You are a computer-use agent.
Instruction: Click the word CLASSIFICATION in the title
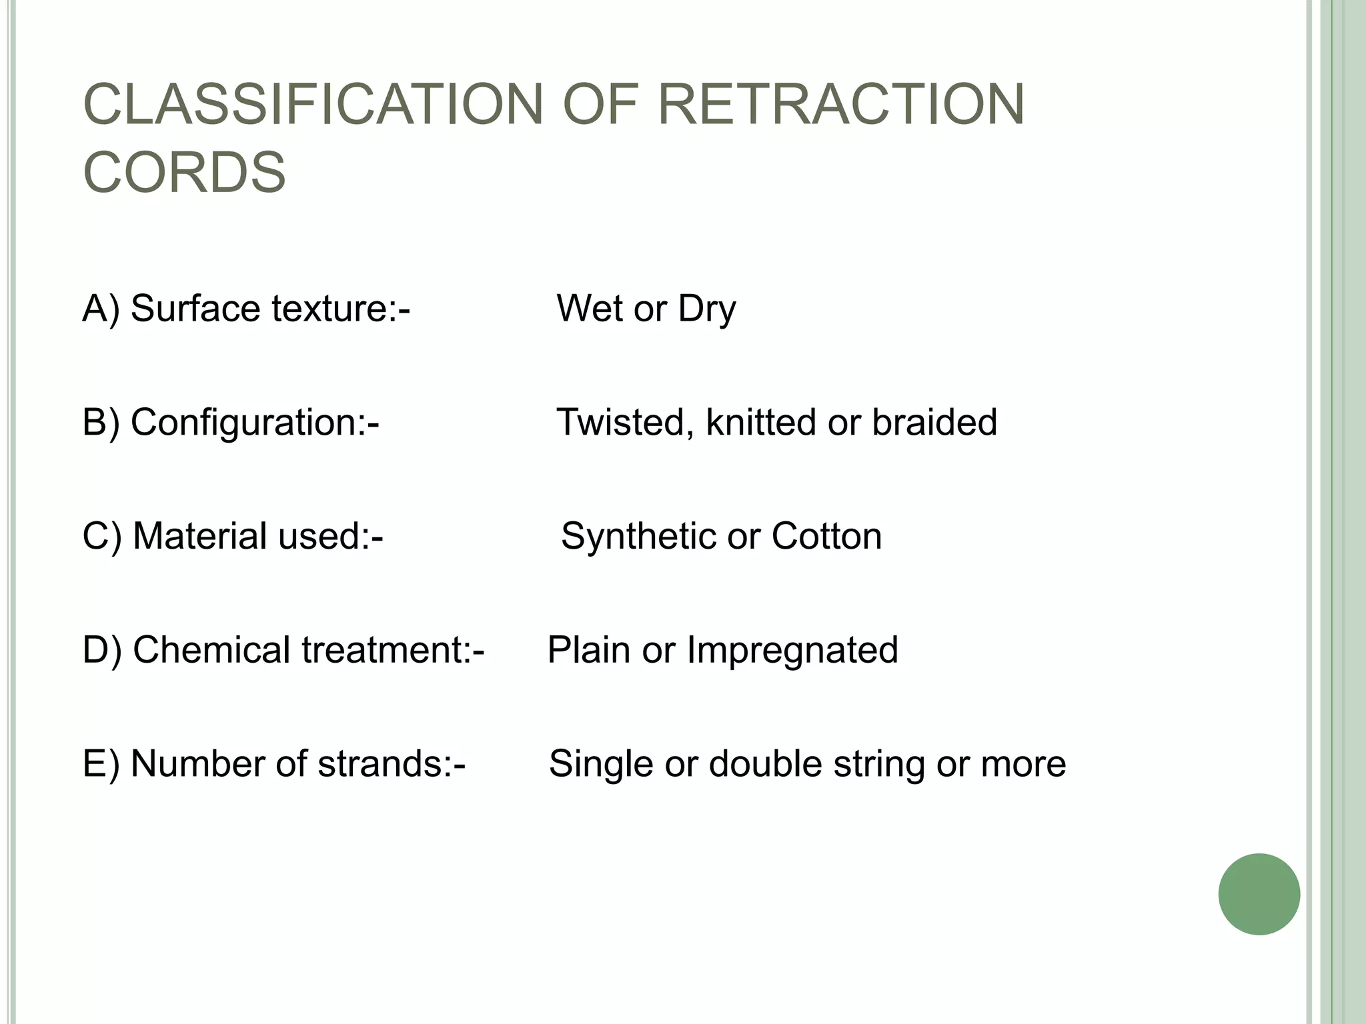pyautogui.click(x=313, y=104)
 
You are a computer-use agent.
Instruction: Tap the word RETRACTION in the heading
pyautogui.click(x=842, y=104)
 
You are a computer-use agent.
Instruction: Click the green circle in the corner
pyautogui.click(x=1259, y=894)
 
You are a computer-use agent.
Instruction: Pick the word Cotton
pyautogui.click(x=826, y=537)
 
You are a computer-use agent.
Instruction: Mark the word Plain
pyautogui.click(x=588, y=650)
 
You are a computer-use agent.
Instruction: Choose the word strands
pyautogui.click(x=385, y=764)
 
